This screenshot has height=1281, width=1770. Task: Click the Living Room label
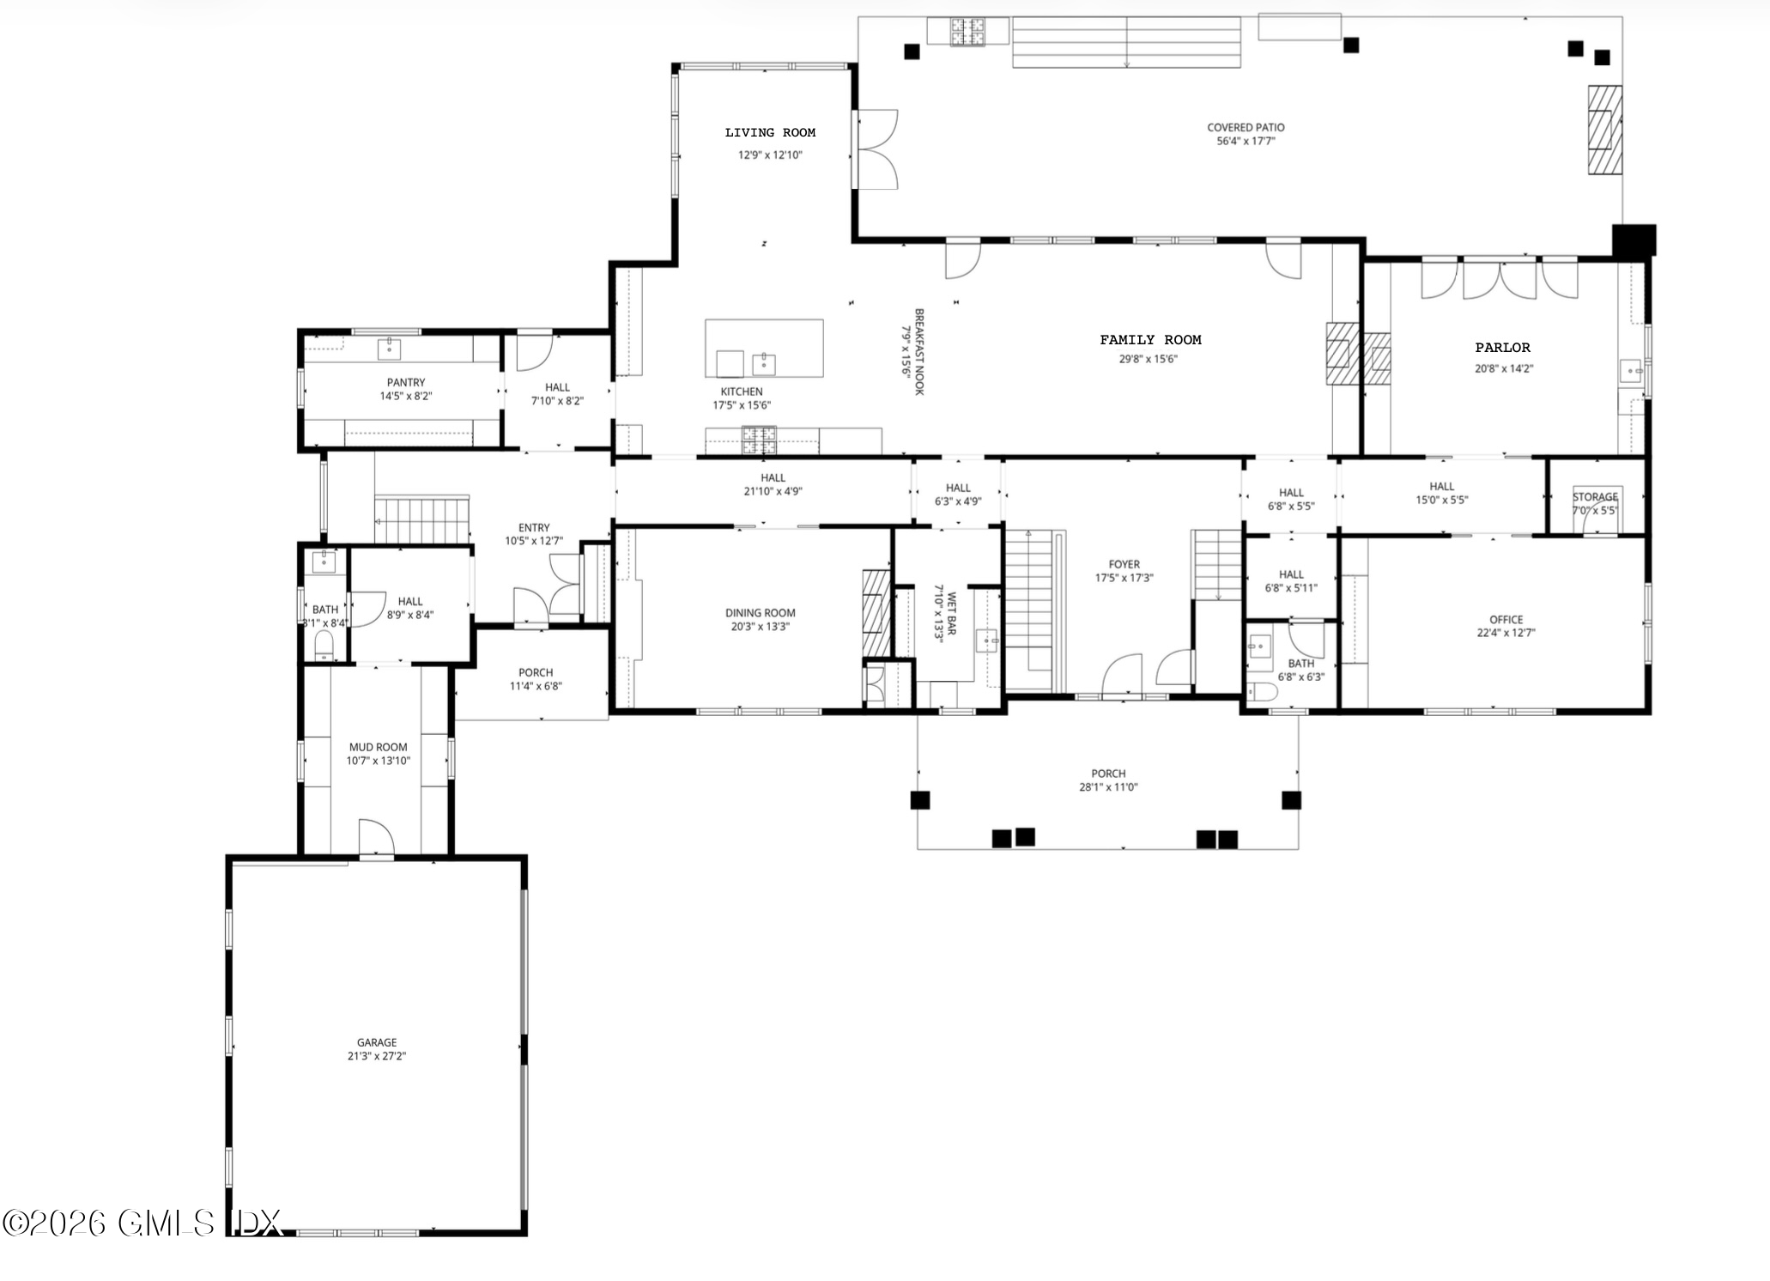[770, 132]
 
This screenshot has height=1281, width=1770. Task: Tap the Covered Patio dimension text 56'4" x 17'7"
[1246, 141]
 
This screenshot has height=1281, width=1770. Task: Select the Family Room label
[1150, 340]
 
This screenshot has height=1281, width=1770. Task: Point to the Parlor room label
[1502, 348]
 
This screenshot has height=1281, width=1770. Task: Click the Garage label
[377, 1042]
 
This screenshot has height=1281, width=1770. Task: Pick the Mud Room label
[378, 747]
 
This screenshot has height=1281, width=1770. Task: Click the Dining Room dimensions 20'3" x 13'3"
[760, 627]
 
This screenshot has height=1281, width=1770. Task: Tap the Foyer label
[1124, 564]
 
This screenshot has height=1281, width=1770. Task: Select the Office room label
[1506, 619]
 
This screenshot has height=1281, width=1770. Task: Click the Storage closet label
[1595, 497]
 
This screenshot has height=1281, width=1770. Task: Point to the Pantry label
[405, 382]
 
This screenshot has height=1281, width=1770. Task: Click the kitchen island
[764, 348]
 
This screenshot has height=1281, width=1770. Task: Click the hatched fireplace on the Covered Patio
[1603, 130]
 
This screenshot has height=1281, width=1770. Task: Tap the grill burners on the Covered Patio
[967, 32]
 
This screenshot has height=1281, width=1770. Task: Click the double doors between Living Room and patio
[876, 149]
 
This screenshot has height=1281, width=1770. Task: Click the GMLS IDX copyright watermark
[142, 1223]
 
